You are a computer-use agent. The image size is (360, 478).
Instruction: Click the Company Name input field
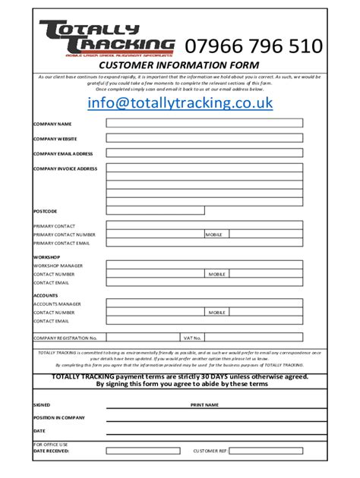coord(204,123)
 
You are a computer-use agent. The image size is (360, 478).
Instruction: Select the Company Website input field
coord(204,139)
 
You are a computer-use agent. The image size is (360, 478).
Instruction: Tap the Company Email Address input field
coord(204,153)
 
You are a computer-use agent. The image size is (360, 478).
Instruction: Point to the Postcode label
coord(45,211)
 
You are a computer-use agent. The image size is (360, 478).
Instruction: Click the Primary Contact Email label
coord(62,243)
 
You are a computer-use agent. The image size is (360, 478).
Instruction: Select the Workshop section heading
coord(47,257)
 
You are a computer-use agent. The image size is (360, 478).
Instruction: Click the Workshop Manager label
coord(58,266)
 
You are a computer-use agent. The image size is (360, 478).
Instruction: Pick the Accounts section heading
coord(46,294)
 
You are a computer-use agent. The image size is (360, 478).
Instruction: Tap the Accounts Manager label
coord(57,303)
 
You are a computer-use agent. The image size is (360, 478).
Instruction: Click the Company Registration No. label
coord(65,338)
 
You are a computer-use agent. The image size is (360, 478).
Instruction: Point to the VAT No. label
coord(191,338)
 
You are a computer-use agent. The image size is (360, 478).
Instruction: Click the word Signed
coord(42,404)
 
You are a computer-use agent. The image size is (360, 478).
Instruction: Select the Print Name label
coord(204,405)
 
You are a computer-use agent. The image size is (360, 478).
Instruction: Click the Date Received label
coord(51,450)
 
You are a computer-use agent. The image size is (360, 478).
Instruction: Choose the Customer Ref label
coord(210,450)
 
